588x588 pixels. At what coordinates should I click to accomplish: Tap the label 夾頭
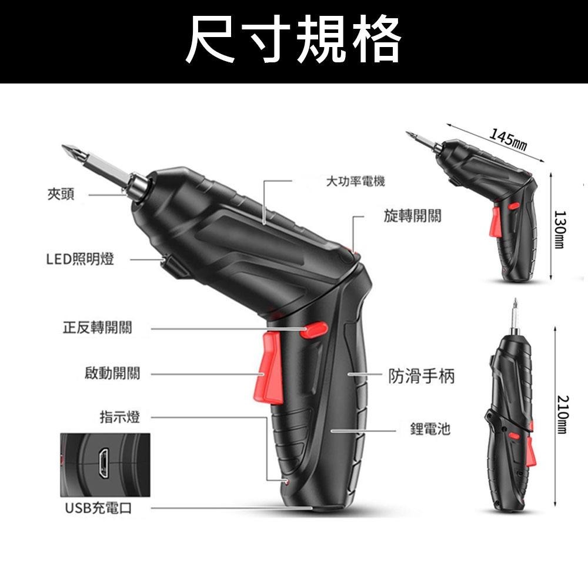point(61,195)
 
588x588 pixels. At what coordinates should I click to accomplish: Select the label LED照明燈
point(80,259)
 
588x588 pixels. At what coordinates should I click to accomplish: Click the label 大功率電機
point(355,182)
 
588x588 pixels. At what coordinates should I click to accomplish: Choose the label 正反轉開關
point(97,328)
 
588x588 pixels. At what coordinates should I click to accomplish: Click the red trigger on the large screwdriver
point(270,368)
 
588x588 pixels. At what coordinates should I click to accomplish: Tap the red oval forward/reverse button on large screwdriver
point(313,330)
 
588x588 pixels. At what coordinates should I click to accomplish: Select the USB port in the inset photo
point(103,463)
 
